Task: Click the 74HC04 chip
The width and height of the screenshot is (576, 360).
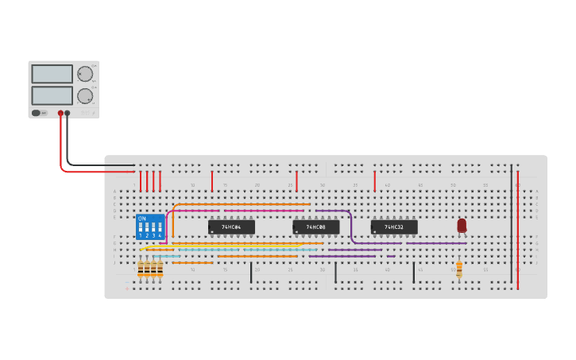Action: [x=231, y=227]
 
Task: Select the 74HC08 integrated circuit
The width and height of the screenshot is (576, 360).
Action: [x=316, y=227]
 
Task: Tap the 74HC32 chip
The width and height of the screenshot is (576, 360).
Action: [x=394, y=227]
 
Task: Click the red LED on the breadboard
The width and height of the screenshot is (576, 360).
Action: [x=462, y=226]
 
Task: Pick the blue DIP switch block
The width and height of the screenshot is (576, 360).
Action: [x=151, y=226]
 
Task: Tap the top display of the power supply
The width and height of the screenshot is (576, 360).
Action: [x=52, y=74]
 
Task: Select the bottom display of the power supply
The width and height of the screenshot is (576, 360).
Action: [x=52, y=95]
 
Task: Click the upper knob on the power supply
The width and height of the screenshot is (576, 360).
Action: [x=84, y=74]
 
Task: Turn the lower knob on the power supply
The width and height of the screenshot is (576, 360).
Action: [x=84, y=96]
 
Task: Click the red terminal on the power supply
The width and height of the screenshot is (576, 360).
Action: [x=60, y=113]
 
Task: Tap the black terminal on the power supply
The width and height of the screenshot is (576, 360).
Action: [x=68, y=113]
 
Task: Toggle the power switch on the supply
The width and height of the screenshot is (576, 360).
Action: [x=37, y=113]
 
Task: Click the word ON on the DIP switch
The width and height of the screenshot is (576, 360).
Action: [x=142, y=218]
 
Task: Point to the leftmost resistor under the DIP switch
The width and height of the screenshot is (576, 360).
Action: [x=141, y=269]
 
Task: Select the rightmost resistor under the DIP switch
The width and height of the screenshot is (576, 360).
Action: [x=160, y=269]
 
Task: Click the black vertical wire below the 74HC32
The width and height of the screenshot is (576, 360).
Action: [x=413, y=273]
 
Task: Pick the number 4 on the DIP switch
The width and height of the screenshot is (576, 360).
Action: [x=160, y=236]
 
